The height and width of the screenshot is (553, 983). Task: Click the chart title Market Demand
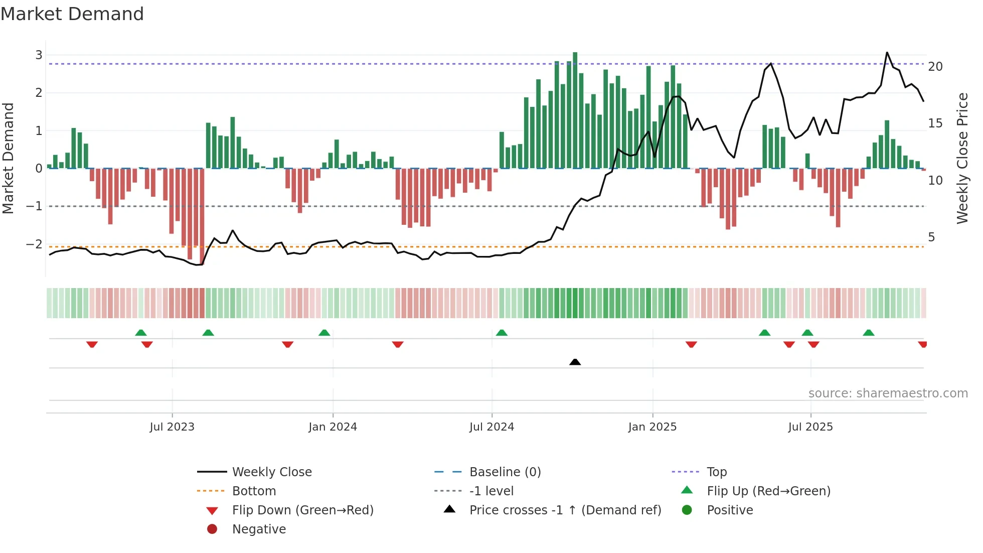click(72, 14)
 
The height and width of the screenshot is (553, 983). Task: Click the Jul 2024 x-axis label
click(491, 427)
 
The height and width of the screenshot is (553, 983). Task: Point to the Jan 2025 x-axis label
click(652, 427)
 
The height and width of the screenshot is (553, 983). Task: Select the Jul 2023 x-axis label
click(172, 427)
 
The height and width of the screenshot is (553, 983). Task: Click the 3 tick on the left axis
click(39, 55)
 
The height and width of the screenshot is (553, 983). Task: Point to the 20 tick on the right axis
click(935, 67)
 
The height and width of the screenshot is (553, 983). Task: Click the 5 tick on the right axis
click(931, 237)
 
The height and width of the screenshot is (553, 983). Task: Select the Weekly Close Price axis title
click(962, 158)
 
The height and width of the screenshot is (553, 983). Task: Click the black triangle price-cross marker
click(575, 362)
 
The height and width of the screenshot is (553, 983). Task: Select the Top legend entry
click(717, 472)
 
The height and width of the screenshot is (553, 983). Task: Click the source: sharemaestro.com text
click(888, 393)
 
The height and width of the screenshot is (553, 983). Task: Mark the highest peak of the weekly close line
click(887, 53)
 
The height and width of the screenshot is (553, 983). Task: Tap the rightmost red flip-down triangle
click(922, 344)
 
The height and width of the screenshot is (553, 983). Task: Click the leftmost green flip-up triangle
click(141, 333)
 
